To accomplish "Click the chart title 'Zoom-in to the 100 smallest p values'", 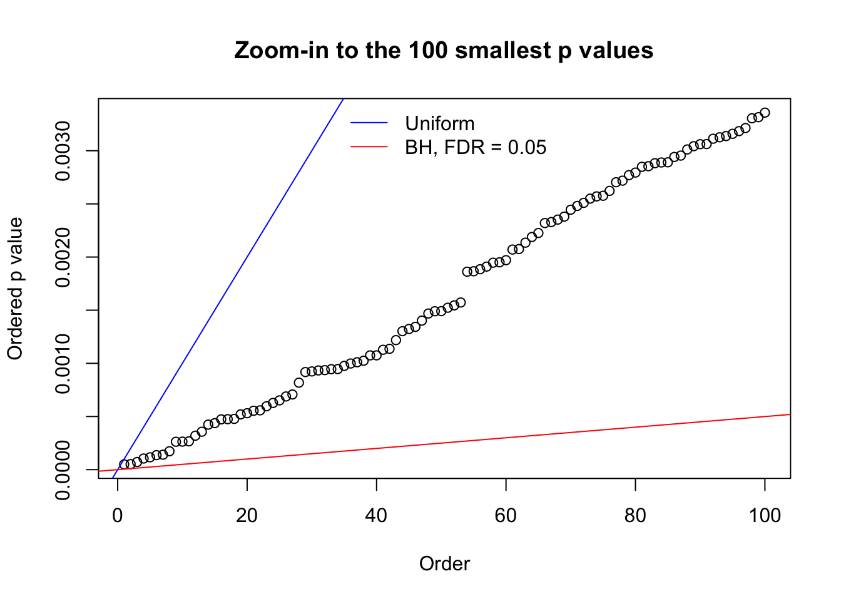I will tap(444, 50).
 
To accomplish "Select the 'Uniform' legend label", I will tap(439, 123).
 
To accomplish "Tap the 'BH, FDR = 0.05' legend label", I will tap(476, 148).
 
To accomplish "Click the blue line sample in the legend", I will tap(369, 123).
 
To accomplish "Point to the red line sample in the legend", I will tap(369, 147).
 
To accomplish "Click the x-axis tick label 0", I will tap(118, 515).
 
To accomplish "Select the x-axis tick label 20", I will tap(247, 515).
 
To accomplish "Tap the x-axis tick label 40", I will tap(377, 515).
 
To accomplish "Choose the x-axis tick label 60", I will tap(506, 515).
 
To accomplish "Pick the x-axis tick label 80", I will tap(635, 515).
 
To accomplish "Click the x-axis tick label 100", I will tap(765, 515).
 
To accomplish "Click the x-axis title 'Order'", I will tap(444, 564).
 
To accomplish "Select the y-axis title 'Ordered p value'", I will tap(15, 289).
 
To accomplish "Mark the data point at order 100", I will tap(765, 113).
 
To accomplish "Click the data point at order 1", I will tap(124, 465).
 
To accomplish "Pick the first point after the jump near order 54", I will tap(467, 272).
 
